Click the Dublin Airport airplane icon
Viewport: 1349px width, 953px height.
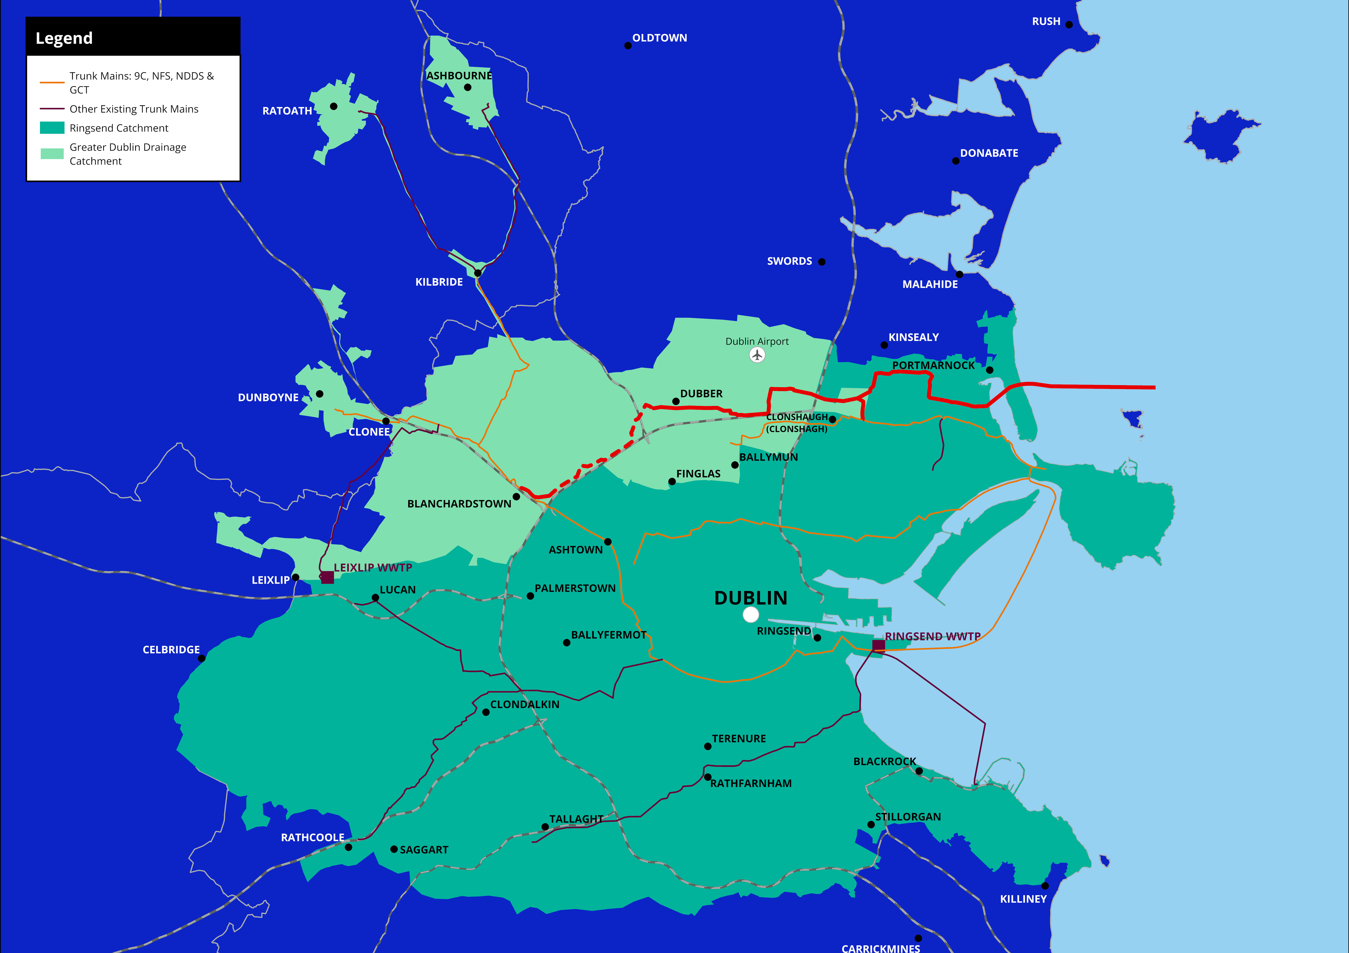click(x=757, y=355)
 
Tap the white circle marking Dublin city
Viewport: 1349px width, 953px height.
click(x=750, y=615)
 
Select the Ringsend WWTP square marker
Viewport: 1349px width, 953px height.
click(x=878, y=645)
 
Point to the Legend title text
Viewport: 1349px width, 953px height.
click(x=64, y=38)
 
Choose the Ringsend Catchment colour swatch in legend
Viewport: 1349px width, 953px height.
click(x=52, y=128)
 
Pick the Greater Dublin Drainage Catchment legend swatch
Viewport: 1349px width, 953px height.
click(x=52, y=154)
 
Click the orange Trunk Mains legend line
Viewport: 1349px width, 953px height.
click(x=52, y=83)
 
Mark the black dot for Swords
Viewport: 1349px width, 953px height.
click(x=821, y=262)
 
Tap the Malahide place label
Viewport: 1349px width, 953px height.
click(x=929, y=284)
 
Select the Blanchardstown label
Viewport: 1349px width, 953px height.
click(x=459, y=504)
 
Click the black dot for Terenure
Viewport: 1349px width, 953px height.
click(x=707, y=746)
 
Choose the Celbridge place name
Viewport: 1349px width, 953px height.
click(x=171, y=649)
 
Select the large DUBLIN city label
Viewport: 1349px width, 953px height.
click(x=750, y=598)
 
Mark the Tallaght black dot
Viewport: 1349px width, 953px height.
click(x=545, y=827)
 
